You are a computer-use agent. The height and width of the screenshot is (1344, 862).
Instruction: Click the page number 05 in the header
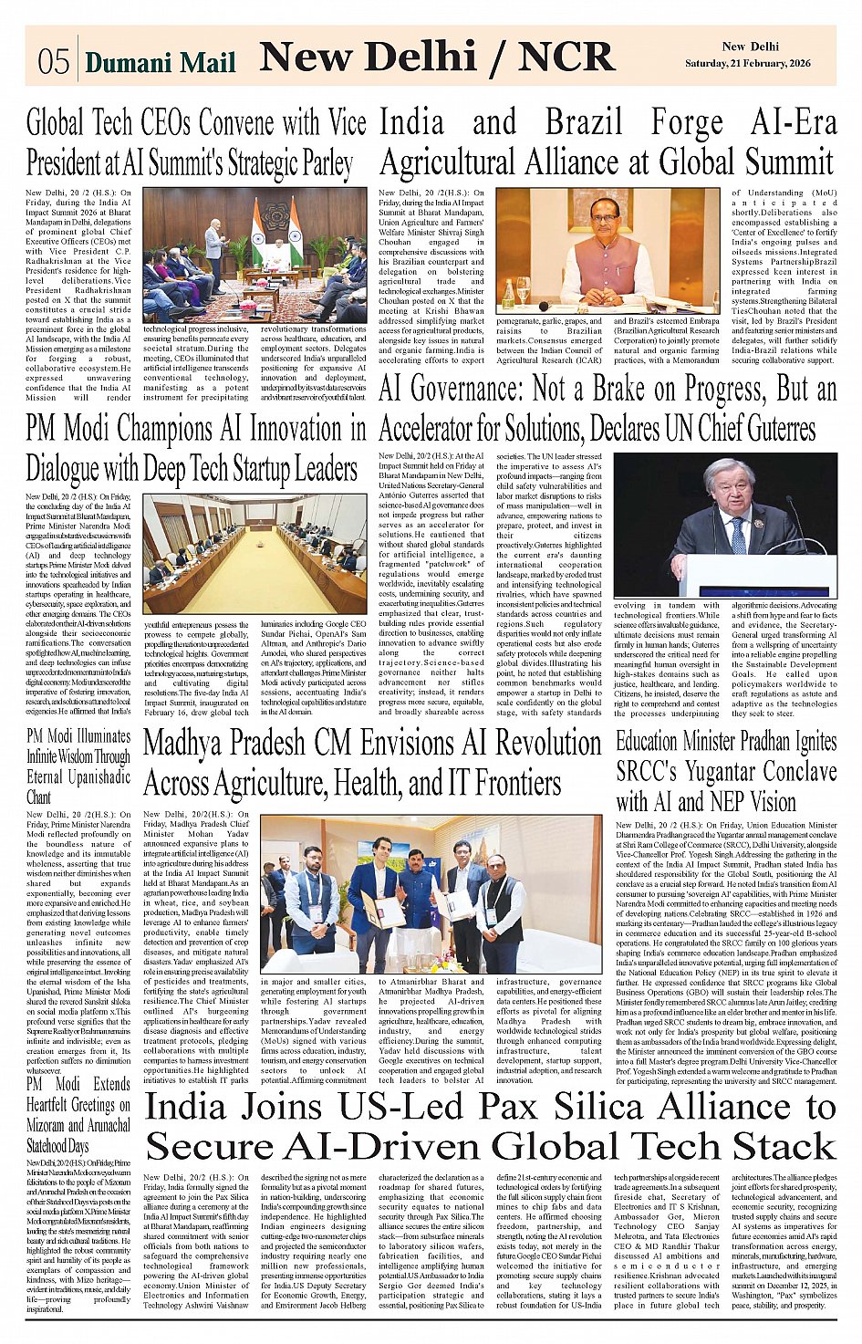53,60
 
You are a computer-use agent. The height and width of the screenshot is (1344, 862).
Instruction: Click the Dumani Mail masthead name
160,62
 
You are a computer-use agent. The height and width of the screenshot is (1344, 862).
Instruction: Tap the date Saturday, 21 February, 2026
747,63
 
